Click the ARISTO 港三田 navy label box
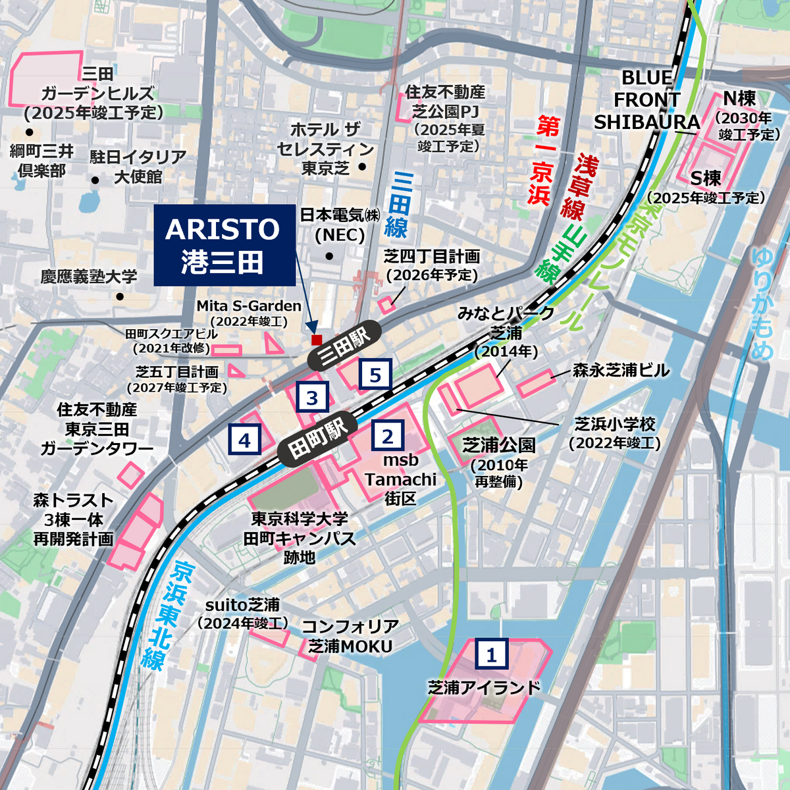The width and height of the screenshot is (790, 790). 224,246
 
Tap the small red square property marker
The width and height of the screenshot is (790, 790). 317,340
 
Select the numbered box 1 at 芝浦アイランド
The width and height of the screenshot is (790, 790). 491,655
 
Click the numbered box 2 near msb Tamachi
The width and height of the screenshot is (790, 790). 387,436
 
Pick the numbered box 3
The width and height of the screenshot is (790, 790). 312,398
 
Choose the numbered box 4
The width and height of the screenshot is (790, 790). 244,440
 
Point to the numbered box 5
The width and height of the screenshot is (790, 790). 375,375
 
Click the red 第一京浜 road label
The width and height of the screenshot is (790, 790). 544,161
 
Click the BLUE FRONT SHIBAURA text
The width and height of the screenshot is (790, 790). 646,100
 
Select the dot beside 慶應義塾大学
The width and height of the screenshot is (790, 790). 119,297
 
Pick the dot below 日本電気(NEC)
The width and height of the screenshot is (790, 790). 329,256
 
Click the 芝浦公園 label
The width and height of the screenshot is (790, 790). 498,446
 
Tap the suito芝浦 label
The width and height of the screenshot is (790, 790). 242,605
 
